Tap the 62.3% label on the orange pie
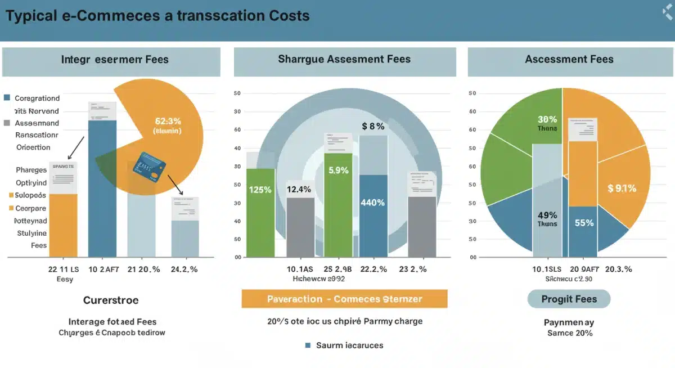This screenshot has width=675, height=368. (x=167, y=120)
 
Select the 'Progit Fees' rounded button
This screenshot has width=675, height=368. (x=569, y=299)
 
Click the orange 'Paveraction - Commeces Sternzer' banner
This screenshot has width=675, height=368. (x=344, y=299)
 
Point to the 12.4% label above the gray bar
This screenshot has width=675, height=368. (x=299, y=190)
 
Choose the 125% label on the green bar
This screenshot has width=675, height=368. (x=260, y=190)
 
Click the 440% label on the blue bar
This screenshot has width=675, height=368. (x=372, y=203)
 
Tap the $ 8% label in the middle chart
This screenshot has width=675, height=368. (x=373, y=127)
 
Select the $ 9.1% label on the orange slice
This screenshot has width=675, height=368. (x=622, y=189)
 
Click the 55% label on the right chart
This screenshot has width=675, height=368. (x=584, y=223)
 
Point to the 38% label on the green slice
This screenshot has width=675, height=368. (x=547, y=119)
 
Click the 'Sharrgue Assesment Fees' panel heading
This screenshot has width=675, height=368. (x=344, y=59)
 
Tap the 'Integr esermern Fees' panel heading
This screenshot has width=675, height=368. (x=115, y=59)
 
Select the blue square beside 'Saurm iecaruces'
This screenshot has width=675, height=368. (x=308, y=345)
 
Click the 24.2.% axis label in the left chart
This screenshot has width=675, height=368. (x=184, y=269)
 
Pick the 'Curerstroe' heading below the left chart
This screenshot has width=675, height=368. (x=111, y=300)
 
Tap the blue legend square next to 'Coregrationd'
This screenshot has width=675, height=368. (x=7, y=98)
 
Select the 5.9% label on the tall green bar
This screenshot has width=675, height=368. (x=338, y=170)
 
